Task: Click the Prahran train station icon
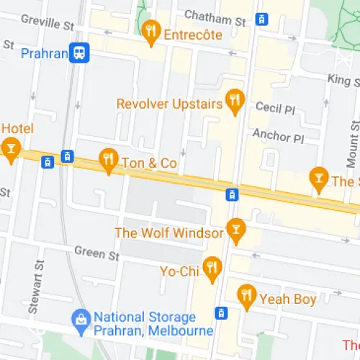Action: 80,53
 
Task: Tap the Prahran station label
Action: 44,53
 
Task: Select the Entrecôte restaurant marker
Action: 150,31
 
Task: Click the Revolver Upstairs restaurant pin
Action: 234,102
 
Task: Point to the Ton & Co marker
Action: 109,161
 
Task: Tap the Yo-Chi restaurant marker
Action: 212,268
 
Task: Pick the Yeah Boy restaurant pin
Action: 247,296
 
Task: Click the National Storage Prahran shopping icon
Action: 81,318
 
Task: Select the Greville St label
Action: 48,22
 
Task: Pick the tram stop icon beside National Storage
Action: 221,312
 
